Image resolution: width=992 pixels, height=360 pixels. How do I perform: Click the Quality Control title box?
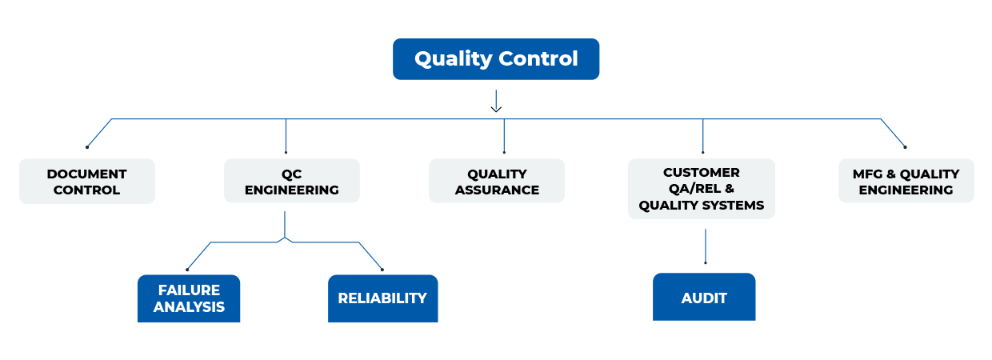point(496,59)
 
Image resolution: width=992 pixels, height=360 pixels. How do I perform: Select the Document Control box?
point(86,182)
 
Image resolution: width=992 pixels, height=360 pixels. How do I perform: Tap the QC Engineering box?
point(291,182)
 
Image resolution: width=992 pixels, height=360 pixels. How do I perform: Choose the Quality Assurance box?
point(497,182)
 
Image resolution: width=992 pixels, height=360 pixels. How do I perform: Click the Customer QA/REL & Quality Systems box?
point(701,189)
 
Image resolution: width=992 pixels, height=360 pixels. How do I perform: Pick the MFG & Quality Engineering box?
point(906,182)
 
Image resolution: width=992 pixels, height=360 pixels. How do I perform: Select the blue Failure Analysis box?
point(189,298)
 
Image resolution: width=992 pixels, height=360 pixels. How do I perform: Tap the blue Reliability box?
point(382,298)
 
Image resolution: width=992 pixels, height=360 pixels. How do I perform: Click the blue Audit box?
point(704,298)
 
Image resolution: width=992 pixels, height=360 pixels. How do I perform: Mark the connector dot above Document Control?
point(87,147)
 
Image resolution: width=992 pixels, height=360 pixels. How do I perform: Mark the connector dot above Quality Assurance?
point(504,152)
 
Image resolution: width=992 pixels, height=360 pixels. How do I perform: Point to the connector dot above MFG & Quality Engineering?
point(905,147)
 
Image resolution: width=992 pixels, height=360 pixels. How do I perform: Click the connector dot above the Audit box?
point(705,262)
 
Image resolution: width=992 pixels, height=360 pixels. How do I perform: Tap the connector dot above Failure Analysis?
point(187,269)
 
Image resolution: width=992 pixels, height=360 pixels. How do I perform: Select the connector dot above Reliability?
point(382,269)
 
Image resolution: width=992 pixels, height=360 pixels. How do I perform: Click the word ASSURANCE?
point(497,190)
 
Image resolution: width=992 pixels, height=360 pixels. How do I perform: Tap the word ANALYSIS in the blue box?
point(189,307)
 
